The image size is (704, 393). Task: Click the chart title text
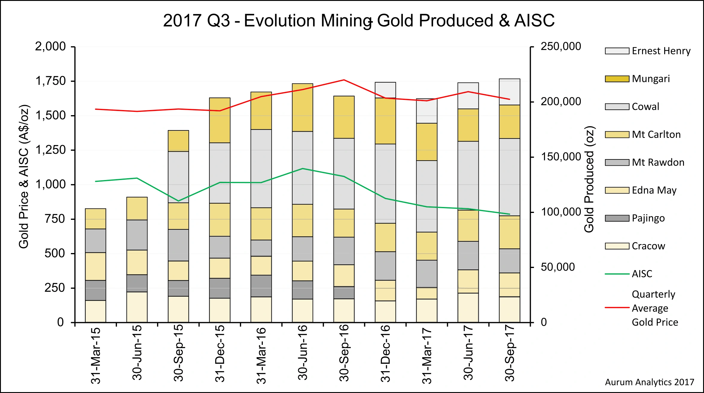[x=359, y=21]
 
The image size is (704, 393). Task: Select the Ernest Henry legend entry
[x=661, y=51]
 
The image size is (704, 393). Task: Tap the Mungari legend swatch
[x=617, y=79]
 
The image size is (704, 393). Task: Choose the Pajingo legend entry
[x=648, y=218]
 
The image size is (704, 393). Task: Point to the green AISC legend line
[x=617, y=274]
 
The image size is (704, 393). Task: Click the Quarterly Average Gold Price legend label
[x=654, y=308]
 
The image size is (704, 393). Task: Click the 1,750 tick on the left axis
[x=51, y=81]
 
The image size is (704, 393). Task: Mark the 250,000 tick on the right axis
[x=561, y=46]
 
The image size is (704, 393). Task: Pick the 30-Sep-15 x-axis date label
[x=179, y=353]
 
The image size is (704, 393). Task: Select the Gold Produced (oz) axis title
[x=589, y=179]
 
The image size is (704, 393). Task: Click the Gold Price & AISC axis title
[x=24, y=176]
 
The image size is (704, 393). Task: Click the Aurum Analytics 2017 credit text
[x=649, y=382]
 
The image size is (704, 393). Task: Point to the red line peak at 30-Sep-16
[x=344, y=80]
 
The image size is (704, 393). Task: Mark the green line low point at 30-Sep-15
[x=179, y=201]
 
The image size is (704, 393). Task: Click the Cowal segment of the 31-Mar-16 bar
[x=261, y=168]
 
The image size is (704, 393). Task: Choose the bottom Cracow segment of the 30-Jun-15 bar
[x=137, y=307]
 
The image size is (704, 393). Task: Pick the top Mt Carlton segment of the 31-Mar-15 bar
[x=96, y=219]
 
